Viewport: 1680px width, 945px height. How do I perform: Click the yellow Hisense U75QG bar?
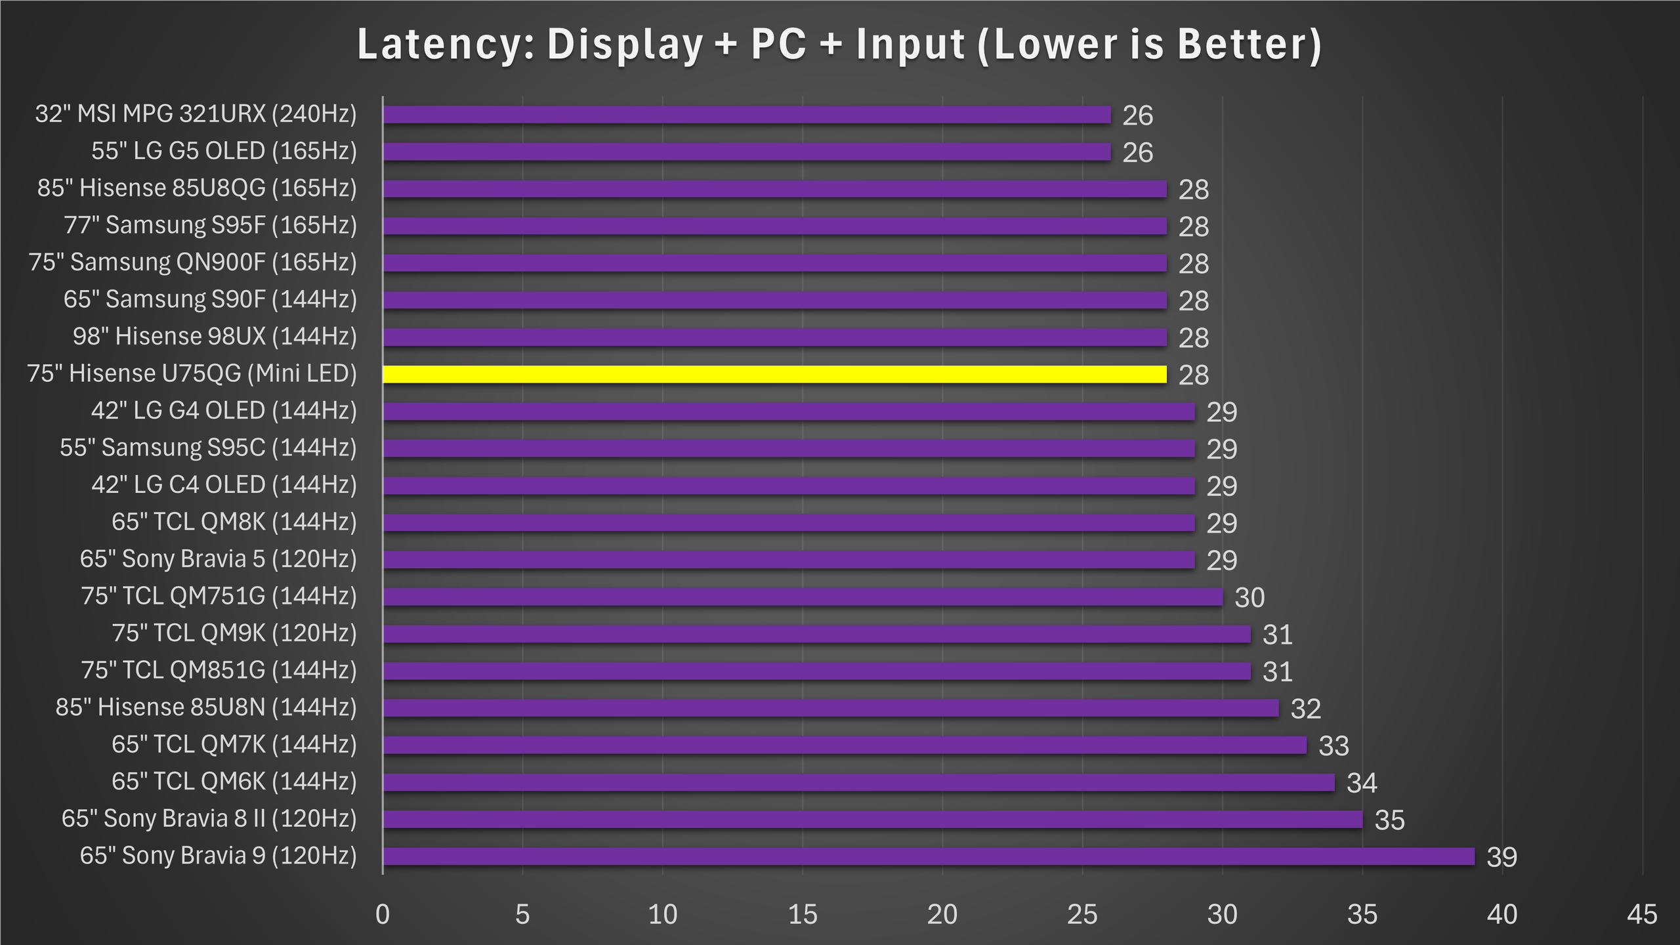[774, 375]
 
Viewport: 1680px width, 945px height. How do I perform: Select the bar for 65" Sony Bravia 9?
[928, 856]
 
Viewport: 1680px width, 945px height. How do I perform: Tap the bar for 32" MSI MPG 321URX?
[747, 115]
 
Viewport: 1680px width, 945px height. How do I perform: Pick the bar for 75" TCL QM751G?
[803, 597]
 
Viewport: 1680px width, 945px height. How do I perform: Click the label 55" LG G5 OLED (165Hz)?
[224, 152]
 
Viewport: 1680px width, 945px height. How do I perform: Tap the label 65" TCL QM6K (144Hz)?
[234, 782]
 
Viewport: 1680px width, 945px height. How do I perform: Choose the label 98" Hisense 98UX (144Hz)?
[215, 337]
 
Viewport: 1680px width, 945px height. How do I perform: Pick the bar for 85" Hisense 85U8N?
[830, 708]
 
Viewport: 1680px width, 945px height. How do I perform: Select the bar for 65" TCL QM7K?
[845, 745]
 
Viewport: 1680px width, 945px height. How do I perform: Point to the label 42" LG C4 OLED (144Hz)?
[224, 485]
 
